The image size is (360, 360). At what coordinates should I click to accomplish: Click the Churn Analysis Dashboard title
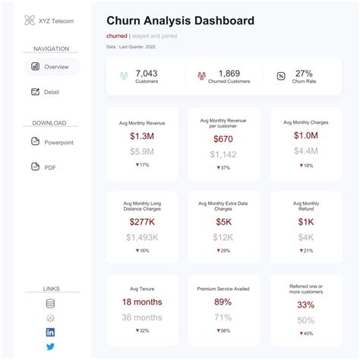180,21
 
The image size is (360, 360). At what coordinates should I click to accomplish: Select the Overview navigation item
51,67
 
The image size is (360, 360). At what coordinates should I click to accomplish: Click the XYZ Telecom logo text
50,21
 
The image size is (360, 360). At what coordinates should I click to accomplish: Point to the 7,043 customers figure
146,74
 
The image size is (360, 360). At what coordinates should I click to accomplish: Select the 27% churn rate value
304,74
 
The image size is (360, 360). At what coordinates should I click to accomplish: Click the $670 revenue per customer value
223,139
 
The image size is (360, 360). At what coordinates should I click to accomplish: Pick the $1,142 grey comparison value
223,154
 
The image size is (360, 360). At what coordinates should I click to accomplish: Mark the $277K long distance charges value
143,222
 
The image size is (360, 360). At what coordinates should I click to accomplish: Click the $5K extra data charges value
223,222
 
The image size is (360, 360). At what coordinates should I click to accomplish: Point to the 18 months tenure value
143,302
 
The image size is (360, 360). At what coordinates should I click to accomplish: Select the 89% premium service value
223,302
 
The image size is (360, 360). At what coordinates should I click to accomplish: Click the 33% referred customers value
305,305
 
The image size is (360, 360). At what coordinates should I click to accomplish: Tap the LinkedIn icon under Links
51,332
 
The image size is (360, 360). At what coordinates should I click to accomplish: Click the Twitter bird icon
51,346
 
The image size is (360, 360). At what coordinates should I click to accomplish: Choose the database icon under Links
51,303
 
